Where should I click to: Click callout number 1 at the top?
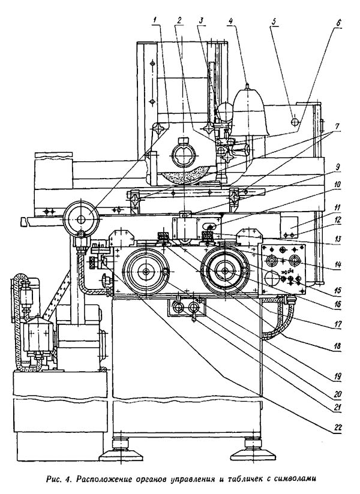154,20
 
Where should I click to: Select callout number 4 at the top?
231,21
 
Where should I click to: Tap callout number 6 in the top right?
338,23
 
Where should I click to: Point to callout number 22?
337,428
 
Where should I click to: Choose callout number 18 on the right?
337,346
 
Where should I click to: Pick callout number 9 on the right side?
338,167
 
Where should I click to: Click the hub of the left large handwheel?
146,271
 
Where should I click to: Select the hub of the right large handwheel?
225,271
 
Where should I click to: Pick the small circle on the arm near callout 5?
295,122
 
